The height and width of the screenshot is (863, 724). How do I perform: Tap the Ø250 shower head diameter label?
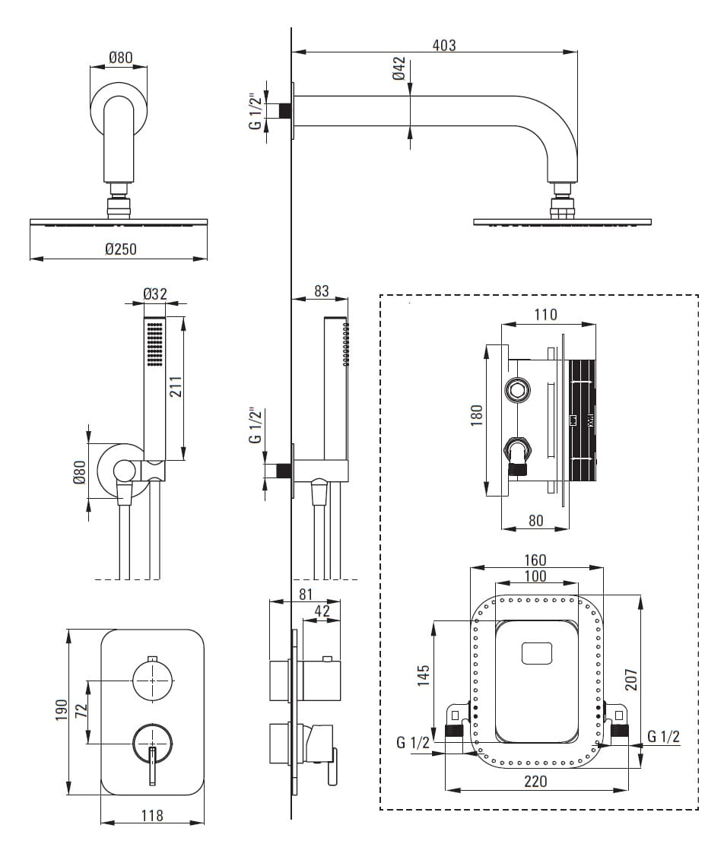click(x=121, y=249)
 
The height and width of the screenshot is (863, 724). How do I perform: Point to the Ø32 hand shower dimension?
click(x=155, y=294)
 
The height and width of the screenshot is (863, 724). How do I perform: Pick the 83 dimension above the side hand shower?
click(x=322, y=290)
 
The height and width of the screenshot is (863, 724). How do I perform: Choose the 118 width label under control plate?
click(x=153, y=815)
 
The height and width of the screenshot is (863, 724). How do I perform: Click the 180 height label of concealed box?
click(x=477, y=416)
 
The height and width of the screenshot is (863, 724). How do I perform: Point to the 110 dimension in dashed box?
click(x=545, y=315)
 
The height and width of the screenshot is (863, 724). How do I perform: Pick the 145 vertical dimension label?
click(x=424, y=675)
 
